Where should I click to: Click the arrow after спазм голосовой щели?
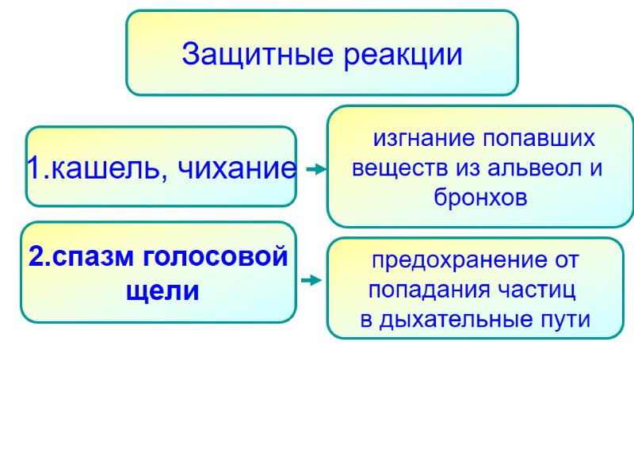click(x=311, y=280)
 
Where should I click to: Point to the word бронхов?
click(x=480, y=198)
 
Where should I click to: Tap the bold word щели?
click(x=162, y=291)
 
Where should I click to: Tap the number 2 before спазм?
click(x=36, y=258)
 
